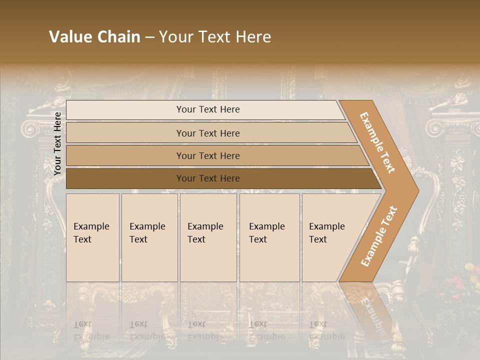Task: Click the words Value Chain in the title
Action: [x=94, y=37]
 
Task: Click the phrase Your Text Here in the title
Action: [x=215, y=37]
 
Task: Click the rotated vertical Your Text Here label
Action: [x=58, y=143]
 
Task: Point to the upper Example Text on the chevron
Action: [x=377, y=142]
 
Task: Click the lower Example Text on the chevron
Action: [x=379, y=236]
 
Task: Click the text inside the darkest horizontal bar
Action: [x=208, y=178]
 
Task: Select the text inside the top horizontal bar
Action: [x=208, y=109]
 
